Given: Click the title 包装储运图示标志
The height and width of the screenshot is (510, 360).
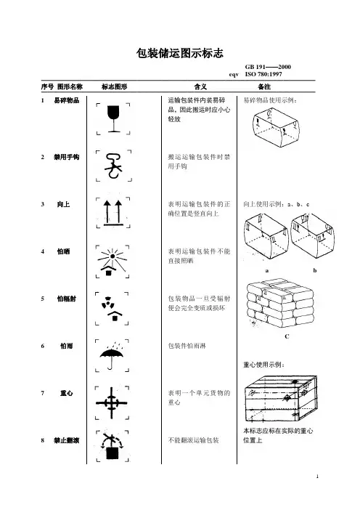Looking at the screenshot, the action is coord(180,53).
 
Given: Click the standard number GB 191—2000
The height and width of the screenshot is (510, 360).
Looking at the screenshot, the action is coord(268,67).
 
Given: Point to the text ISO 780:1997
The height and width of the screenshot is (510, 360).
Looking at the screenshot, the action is coord(263,74).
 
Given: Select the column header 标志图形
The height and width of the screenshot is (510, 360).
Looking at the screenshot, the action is coord(114,86).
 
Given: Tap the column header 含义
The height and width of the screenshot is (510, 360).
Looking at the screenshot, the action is coord(200,86).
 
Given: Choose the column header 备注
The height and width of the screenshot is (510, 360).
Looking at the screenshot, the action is coord(264,86).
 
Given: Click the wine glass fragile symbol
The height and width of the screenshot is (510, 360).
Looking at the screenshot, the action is coord(113,118).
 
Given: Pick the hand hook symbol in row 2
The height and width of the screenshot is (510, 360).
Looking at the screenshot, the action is coord(112,166).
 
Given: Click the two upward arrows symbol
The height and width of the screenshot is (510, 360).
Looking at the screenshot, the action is coord(113,213).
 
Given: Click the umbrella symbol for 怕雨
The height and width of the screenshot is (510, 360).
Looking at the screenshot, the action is coord(112,356).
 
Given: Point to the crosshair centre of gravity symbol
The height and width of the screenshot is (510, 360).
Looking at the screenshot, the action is coord(112,402).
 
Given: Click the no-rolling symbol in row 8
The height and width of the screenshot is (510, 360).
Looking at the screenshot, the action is coord(112,445).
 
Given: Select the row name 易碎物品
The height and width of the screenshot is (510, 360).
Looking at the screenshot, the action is coord(67,100).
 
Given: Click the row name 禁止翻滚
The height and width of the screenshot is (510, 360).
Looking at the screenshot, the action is coord(67,440).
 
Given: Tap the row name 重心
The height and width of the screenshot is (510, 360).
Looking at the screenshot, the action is coord(67,393).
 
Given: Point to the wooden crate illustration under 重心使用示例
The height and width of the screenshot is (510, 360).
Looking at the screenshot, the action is coord(281,398).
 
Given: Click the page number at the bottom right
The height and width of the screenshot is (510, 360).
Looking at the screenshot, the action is coord(317,477).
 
